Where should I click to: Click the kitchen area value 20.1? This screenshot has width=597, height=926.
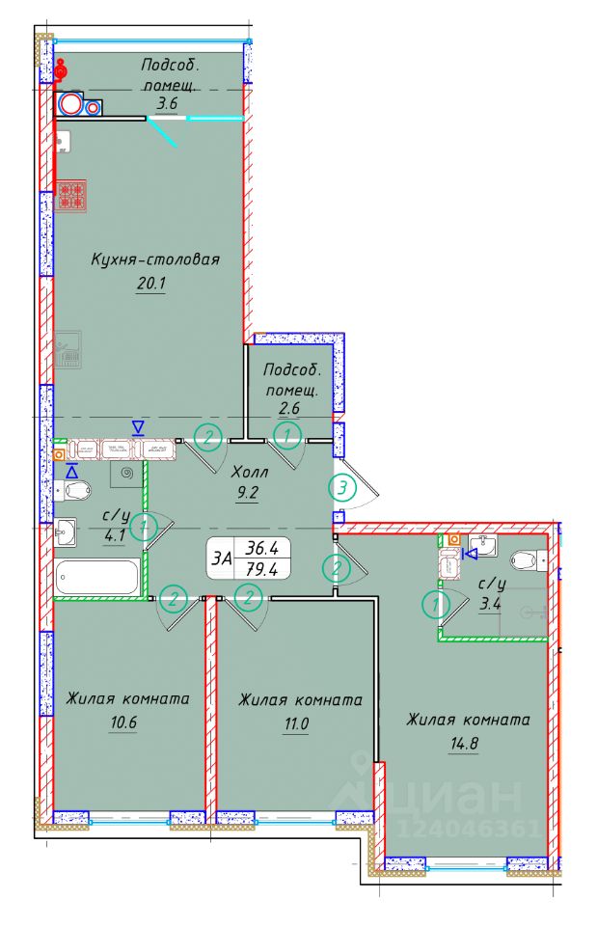pos(151,284)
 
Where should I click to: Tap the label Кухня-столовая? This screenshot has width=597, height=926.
pos(155,259)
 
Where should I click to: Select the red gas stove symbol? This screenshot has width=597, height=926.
pos(72,196)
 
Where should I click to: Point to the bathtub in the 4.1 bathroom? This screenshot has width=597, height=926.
pos(97,577)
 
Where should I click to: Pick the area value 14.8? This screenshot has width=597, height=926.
pos(464,744)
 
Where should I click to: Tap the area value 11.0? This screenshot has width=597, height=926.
pos(296,723)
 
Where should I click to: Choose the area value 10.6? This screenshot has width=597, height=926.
pos(122,722)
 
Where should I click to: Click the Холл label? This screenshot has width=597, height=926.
pos(250,472)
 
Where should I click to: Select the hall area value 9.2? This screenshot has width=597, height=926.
pos(248,493)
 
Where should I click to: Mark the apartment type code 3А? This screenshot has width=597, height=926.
pos(222,558)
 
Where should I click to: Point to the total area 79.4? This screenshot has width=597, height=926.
pos(261,569)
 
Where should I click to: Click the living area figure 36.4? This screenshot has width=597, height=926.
pos(261,548)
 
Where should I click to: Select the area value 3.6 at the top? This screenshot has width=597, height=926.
pos(167,104)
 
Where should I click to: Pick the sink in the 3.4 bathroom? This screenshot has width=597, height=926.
pos(483,547)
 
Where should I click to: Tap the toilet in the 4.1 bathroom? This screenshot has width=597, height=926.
pos(73,490)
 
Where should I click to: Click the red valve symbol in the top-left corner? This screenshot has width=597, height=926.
pos(61,69)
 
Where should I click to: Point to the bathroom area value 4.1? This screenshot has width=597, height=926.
pos(115,537)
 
